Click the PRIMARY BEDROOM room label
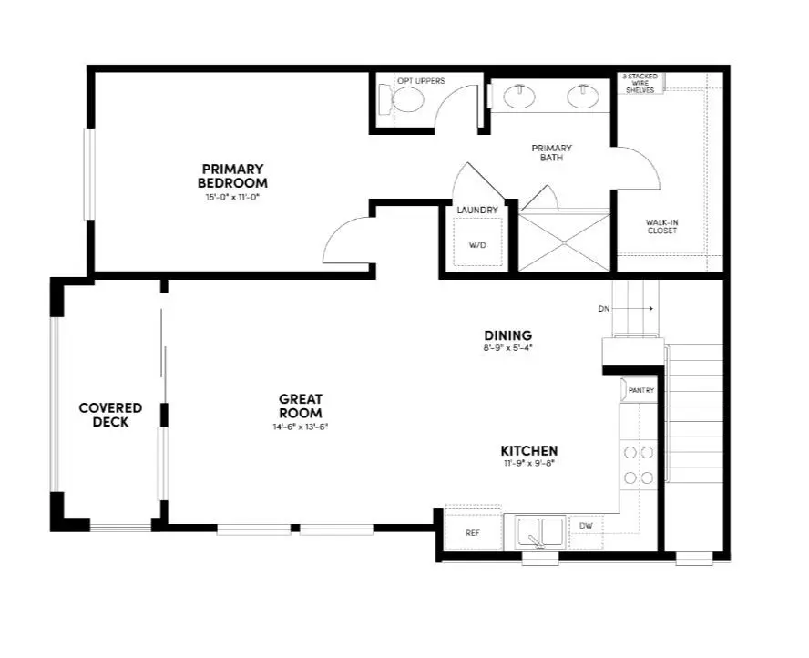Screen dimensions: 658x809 (232, 176)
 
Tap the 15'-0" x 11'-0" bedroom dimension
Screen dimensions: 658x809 (232, 196)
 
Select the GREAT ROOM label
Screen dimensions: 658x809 (301, 406)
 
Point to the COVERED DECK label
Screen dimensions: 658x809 (110, 415)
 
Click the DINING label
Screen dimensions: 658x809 (507, 335)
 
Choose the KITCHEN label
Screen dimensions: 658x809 (529, 450)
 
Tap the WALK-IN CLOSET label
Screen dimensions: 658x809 (661, 226)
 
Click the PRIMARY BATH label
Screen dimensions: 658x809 (552, 152)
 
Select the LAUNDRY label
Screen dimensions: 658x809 (477, 211)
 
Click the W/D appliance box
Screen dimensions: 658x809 (477, 244)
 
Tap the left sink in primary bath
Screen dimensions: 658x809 (519, 96)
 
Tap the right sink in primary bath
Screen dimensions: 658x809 (580, 96)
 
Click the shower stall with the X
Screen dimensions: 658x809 (563, 242)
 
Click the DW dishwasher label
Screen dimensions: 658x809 (585, 525)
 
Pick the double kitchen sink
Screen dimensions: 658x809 (540, 531)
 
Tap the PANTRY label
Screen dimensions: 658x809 (641, 390)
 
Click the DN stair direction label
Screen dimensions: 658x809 (603, 309)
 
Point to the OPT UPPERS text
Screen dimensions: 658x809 (421, 81)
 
